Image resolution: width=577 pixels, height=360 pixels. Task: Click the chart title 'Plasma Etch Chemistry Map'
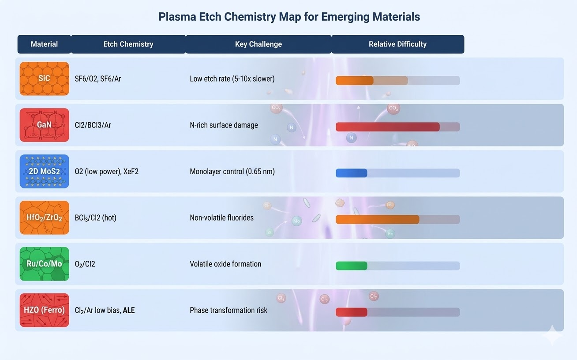[289, 17]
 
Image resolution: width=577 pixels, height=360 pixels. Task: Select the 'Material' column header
[44, 44]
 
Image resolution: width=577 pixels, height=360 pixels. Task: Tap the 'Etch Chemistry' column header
[128, 44]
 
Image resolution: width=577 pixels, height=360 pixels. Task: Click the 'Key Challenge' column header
[258, 44]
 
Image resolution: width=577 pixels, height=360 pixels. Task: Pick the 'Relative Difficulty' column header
[397, 44]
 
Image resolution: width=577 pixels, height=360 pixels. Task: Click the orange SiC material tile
[44, 79]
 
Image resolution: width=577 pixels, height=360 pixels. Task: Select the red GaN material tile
[44, 125]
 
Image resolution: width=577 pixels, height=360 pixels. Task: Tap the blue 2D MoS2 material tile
[44, 171]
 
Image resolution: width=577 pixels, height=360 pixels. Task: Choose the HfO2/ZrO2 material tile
[44, 217]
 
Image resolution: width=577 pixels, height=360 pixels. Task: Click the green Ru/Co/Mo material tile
[44, 264]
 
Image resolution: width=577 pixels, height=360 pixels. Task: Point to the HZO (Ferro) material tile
[44, 310]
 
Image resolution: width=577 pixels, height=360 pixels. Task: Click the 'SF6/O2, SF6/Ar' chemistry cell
[98, 79]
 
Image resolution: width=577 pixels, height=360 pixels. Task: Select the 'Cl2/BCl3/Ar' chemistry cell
[93, 125]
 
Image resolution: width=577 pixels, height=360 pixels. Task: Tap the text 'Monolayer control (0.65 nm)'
[232, 172]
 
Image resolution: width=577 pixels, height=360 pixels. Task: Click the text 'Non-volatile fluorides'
[221, 217]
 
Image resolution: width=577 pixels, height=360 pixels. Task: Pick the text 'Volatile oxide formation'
[225, 264]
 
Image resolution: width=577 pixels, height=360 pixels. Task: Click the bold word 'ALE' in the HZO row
[129, 310]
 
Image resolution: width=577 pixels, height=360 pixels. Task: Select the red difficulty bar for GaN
[387, 127]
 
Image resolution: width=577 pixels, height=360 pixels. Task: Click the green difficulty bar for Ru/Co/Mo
[351, 266]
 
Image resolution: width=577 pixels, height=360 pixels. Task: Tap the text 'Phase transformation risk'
[229, 310]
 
